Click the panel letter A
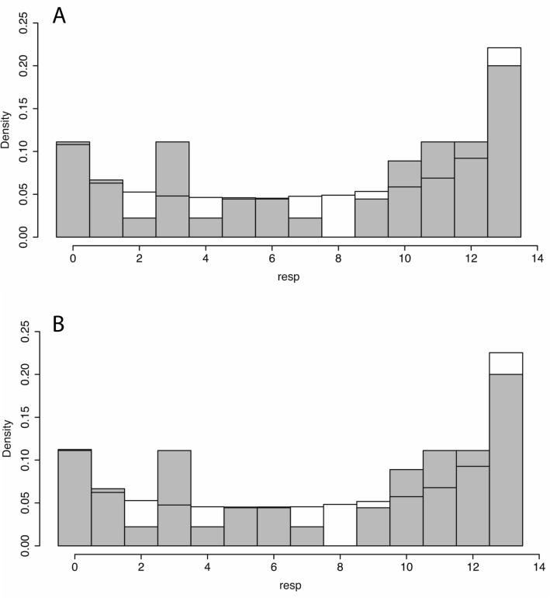point(59,16)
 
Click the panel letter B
point(59,324)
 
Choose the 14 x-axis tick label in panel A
point(537,256)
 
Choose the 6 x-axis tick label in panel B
point(274,565)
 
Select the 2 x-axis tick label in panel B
point(141,565)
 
